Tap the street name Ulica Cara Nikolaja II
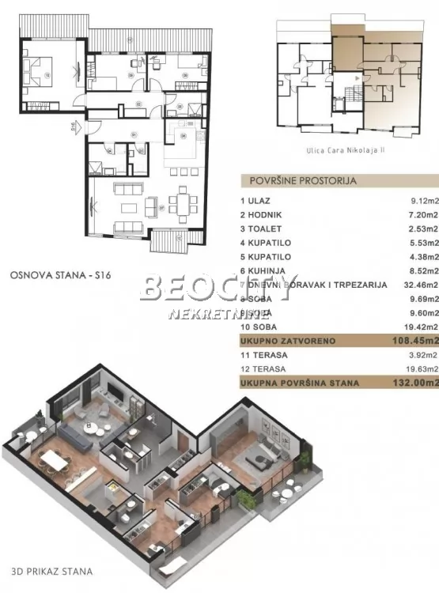click(x=342, y=148)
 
